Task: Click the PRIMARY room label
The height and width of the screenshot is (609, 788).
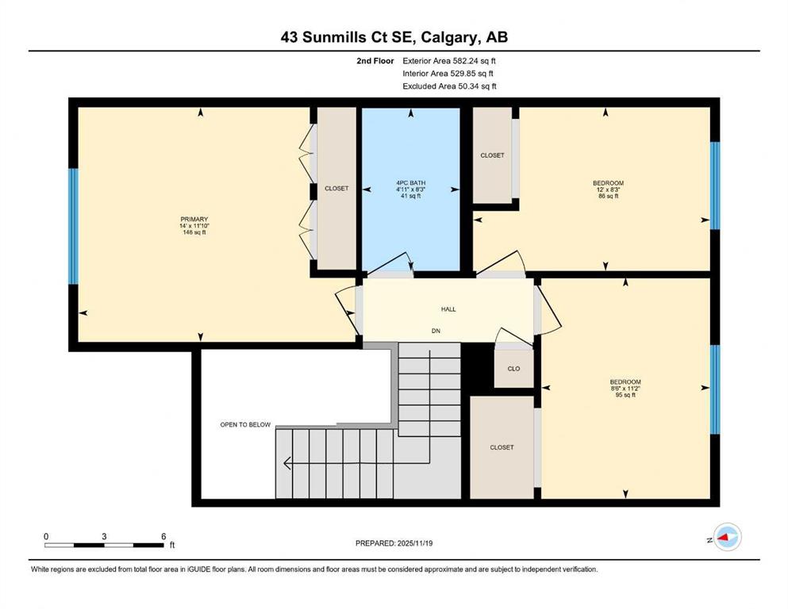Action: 194,219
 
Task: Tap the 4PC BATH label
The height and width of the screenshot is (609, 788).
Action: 410,182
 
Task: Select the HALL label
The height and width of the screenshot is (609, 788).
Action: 448,309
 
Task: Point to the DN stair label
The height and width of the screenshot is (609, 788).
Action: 436,331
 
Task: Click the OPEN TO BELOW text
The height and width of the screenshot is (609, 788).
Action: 245,425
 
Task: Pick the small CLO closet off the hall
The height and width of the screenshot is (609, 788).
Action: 513,369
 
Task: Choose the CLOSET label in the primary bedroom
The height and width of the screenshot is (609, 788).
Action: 336,188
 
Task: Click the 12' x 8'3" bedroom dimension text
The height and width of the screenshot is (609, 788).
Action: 608,190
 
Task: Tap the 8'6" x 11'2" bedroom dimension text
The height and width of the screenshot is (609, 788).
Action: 625,388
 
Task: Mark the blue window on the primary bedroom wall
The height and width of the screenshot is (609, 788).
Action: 73,226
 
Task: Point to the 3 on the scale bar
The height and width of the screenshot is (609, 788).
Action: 104,536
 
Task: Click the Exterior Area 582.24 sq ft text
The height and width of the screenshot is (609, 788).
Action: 449,61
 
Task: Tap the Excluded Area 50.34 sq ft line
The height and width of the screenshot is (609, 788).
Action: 449,86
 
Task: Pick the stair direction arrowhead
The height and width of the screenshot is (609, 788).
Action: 287,463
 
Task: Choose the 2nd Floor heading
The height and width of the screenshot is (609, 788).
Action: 375,61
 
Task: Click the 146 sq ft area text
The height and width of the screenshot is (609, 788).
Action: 194,232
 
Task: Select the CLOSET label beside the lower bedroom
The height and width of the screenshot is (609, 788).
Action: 502,447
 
